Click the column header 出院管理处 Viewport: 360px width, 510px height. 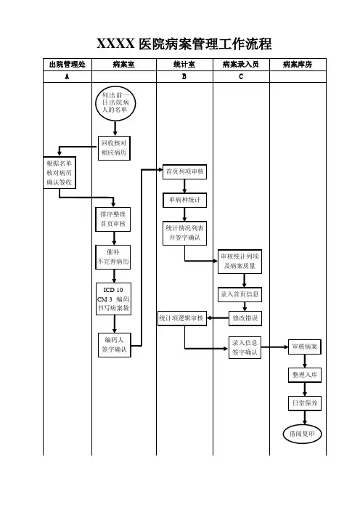(67, 65)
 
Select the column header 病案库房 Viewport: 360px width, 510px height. (298, 65)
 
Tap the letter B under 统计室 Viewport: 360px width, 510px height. (184, 76)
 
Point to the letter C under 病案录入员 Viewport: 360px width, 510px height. (241, 76)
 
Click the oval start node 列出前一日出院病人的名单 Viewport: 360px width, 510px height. (115, 103)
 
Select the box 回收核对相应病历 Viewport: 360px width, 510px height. (114, 148)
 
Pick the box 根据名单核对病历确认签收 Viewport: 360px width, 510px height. (60, 173)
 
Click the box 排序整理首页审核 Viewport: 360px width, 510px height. (113, 219)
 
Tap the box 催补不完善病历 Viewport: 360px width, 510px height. (113, 257)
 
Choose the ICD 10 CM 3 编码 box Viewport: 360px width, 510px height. (113, 299)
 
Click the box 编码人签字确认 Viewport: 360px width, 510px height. (115, 345)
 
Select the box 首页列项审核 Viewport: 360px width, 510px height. (184, 171)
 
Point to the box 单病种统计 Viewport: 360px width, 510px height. (184, 200)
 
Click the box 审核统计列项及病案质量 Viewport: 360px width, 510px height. (240, 262)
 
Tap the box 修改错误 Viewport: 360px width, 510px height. (245, 318)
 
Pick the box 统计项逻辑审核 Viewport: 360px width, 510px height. (182, 318)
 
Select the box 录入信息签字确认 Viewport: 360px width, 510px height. (245, 347)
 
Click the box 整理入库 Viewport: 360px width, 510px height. (305, 375)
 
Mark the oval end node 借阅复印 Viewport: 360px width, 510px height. (302, 434)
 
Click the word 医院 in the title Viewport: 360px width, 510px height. (152, 44)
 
